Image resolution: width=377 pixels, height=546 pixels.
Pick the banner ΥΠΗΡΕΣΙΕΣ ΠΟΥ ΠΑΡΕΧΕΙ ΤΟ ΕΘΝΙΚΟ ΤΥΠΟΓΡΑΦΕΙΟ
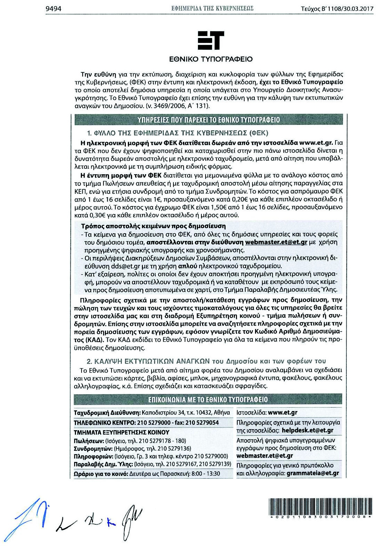tap(209, 120)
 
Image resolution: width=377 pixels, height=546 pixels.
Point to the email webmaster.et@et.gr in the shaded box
tap(276, 242)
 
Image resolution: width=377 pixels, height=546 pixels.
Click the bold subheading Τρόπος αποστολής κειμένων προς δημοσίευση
tap(153, 226)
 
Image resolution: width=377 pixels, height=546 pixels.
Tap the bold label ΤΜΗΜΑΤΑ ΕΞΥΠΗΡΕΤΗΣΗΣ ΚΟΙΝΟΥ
tap(122, 432)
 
